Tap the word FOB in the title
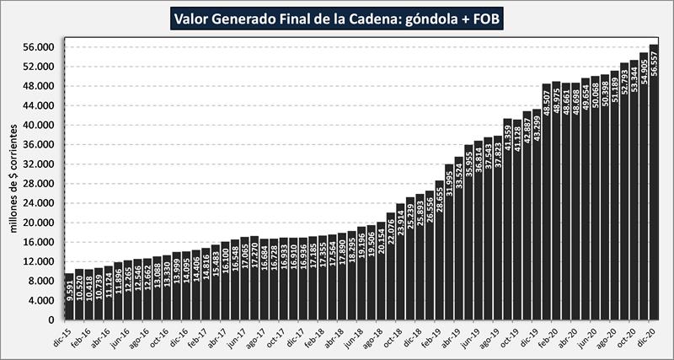pos(484,18)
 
